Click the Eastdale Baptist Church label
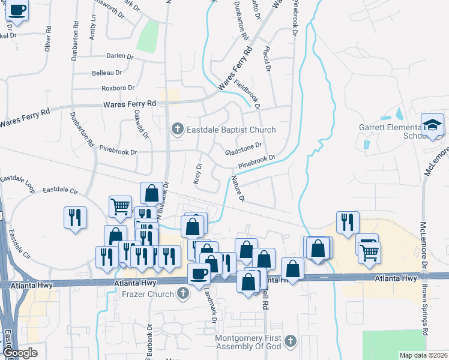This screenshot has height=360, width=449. pos(231,130)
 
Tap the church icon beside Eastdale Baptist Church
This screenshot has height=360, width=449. pos(177,129)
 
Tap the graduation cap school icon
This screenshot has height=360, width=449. pos(433,125)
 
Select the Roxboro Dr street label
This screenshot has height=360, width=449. pos(118,88)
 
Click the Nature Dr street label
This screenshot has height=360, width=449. pos(238,189)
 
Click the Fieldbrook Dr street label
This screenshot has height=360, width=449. pos(247,94)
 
